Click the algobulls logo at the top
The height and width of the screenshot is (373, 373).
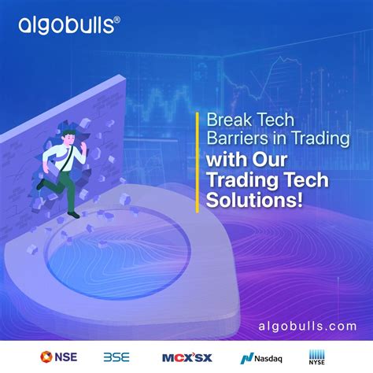[x=69, y=26]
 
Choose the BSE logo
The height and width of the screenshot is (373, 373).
[x=116, y=356]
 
